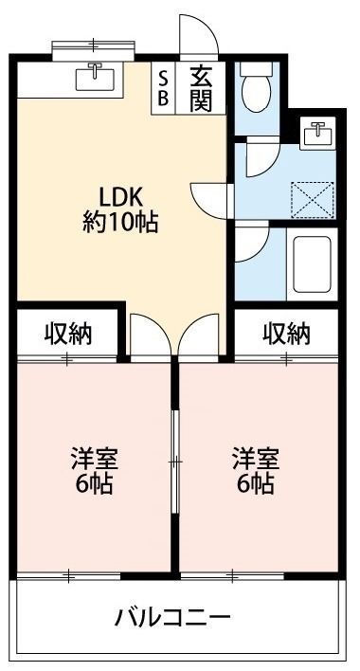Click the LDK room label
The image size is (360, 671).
[120, 198]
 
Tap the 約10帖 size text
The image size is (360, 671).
[120, 223]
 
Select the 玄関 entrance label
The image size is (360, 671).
[201, 89]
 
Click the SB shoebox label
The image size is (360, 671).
[163, 88]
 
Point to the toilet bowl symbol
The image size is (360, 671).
[256, 89]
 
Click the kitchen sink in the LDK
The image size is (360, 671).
[95, 77]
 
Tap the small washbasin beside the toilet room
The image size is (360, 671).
[317, 133]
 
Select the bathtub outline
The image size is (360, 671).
[312, 264]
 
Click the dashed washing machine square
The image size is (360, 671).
[312, 200]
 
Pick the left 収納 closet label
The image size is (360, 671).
[67, 335]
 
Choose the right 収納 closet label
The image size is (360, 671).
[286, 335]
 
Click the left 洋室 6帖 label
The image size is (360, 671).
[94, 471]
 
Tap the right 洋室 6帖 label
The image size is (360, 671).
[256, 471]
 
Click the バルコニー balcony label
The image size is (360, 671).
[172, 618]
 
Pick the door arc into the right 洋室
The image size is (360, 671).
[190, 326]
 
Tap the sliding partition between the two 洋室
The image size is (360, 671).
[174, 462]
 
